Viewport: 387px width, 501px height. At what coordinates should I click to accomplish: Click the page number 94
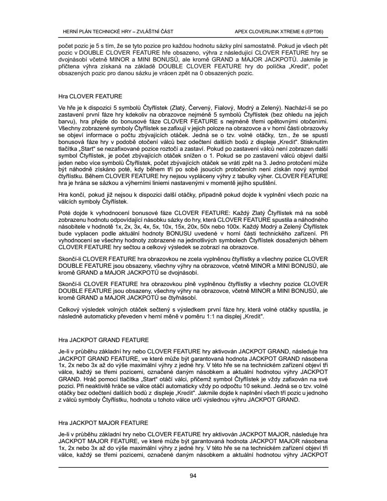[x=193, y=476]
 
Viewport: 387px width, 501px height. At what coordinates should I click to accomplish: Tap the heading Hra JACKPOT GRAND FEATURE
[x=103, y=339]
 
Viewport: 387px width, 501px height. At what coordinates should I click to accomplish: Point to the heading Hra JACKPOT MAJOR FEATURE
[x=103, y=423]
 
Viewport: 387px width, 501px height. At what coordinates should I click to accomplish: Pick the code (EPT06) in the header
[x=319, y=31]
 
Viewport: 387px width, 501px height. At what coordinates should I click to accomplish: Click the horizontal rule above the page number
[x=193, y=467]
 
